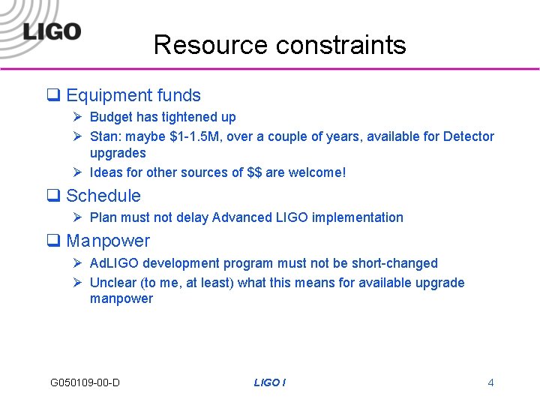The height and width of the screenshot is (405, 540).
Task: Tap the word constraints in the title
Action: [340, 45]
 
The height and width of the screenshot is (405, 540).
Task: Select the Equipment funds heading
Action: [133, 95]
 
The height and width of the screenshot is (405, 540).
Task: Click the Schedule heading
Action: [103, 196]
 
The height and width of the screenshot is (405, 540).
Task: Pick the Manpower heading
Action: [108, 241]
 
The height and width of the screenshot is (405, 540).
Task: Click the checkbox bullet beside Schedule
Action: [54, 196]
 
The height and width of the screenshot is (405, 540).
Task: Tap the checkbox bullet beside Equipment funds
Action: [54, 95]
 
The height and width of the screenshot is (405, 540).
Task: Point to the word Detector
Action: [469, 136]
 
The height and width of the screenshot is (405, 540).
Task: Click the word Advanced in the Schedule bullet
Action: [238, 217]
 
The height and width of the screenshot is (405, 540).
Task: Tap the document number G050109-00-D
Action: [85, 382]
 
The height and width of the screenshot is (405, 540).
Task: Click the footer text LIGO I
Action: [269, 382]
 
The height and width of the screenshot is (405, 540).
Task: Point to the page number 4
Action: [490, 382]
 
